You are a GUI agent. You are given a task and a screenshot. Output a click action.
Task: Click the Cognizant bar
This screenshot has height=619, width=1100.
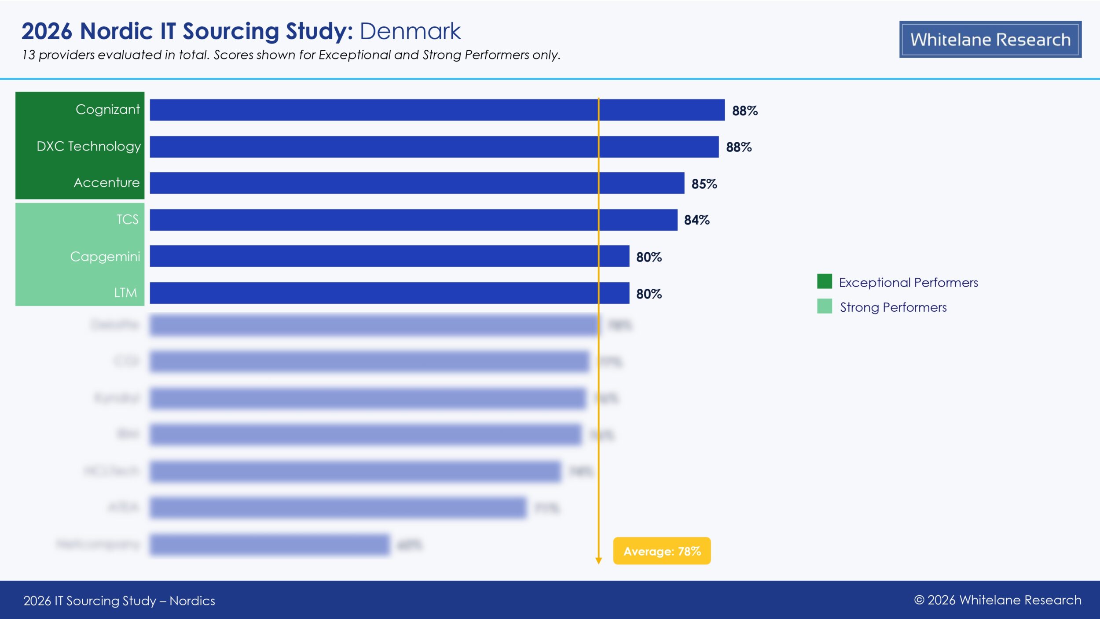tap(437, 110)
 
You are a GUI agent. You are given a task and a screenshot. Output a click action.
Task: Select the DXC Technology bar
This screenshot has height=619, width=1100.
tap(434, 147)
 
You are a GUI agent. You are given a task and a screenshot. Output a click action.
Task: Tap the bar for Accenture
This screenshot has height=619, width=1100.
tap(417, 183)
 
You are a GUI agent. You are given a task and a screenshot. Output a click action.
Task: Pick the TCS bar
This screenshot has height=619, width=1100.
tap(413, 220)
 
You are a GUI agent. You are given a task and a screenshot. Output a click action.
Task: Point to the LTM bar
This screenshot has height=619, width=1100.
tap(389, 293)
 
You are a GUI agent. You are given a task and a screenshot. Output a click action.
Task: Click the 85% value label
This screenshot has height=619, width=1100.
tap(704, 184)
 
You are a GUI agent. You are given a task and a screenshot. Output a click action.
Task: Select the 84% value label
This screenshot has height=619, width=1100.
tap(697, 220)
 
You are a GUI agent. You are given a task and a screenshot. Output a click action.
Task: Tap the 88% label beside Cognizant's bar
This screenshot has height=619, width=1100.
tap(744, 111)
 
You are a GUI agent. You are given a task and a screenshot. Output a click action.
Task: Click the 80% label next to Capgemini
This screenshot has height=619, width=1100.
tap(649, 257)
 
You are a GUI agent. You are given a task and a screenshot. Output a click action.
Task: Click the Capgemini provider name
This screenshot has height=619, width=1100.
tap(105, 256)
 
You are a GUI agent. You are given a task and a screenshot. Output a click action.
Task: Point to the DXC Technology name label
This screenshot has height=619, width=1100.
tap(88, 146)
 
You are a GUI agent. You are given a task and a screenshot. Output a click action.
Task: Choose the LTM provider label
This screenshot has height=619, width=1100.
tap(125, 293)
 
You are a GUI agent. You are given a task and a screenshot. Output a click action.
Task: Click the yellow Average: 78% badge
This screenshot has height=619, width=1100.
tap(662, 551)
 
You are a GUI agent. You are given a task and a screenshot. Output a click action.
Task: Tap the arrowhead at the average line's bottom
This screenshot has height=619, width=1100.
tap(598, 560)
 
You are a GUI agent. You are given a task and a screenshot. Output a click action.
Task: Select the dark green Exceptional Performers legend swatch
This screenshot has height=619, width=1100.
tap(824, 281)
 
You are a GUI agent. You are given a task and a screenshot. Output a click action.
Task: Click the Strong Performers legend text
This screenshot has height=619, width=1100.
tap(893, 307)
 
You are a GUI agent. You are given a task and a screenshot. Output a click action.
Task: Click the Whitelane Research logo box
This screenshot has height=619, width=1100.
tap(990, 39)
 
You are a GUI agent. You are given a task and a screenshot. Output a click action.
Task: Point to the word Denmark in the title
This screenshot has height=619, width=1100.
tap(410, 31)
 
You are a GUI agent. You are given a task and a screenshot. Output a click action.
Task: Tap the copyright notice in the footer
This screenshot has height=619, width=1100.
tap(997, 600)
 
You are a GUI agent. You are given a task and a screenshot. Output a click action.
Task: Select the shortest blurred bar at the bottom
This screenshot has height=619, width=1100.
tap(269, 545)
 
